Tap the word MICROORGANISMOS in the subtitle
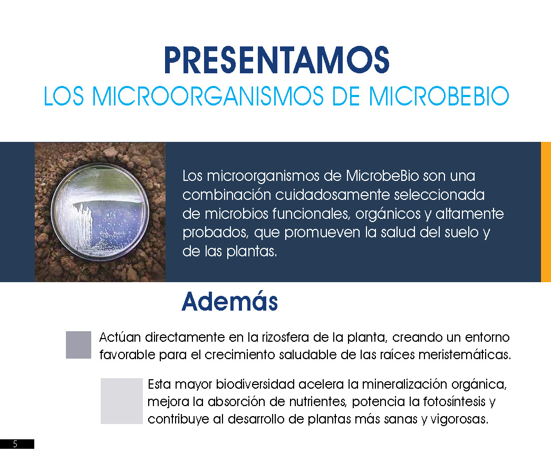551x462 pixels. [x=208, y=96]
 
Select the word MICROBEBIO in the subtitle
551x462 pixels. [x=439, y=96]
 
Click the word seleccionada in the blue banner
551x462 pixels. [x=439, y=195]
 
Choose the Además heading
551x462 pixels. [x=230, y=302]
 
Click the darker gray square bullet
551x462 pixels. [x=79, y=345]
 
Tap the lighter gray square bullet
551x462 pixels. [x=122, y=401]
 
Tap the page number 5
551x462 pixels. [x=15, y=444]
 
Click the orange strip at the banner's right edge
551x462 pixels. [x=546, y=211]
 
